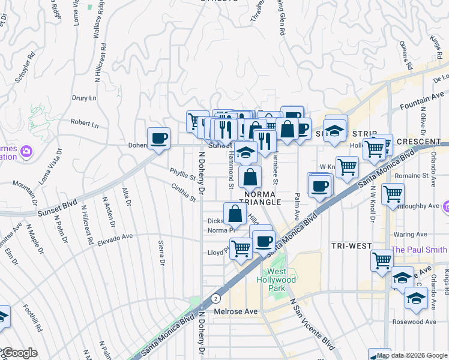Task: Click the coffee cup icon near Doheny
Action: point(159,139)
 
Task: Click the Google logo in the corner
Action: point(19,353)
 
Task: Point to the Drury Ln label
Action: point(84,98)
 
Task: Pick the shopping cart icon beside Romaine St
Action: point(393,194)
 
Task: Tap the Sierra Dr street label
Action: point(161,252)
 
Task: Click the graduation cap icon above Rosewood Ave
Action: point(416,298)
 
